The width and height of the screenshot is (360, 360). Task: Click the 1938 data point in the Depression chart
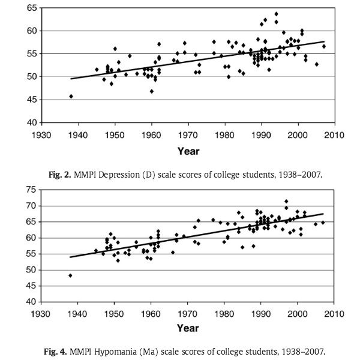[71, 96]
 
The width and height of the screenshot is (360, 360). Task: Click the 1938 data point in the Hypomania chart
[71, 275]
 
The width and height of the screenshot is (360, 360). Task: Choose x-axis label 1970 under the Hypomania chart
[188, 313]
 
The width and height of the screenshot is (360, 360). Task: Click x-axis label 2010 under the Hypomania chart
[334, 313]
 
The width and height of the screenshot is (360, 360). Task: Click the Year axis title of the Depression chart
[188, 150]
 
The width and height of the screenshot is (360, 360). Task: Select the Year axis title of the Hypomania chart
[188, 328]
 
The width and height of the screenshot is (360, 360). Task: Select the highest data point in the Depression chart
[276, 14]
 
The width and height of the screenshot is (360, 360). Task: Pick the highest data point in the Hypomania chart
[286, 201]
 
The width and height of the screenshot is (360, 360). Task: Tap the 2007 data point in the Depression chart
[323, 46]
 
